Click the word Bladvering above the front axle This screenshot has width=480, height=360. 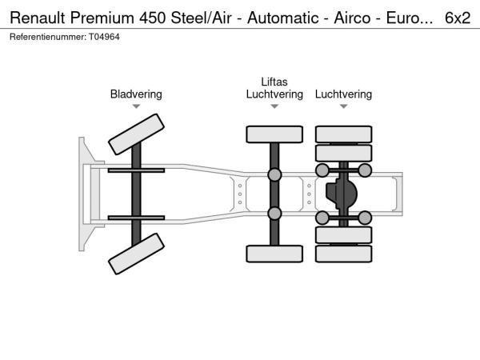pos(136,94)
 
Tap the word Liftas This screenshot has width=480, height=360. pos(274,82)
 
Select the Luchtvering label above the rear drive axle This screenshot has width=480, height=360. pos(343,94)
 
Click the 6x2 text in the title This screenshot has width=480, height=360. pos(458,18)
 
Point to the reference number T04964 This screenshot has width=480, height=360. pos(104,37)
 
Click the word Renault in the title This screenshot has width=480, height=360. pos(38,18)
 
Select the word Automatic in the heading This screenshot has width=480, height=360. pos(283,18)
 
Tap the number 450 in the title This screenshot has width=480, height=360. pos(153,18)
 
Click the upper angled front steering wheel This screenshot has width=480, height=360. pos(136,134)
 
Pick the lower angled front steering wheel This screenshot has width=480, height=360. pos(136,254)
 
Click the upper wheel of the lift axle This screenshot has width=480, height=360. pos(274,134)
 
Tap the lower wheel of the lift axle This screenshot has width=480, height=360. pos(274,254)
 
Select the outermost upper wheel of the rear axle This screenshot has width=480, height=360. pos(343,134)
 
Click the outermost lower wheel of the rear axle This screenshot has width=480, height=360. pos(343,254)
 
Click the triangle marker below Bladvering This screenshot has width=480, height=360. pos(136,106)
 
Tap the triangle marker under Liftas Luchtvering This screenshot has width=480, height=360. pos(274,106)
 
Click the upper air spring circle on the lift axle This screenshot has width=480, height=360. pos(274,174)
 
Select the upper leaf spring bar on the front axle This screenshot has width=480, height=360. pos(136,170)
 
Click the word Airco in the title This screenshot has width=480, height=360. pos(352,18)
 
